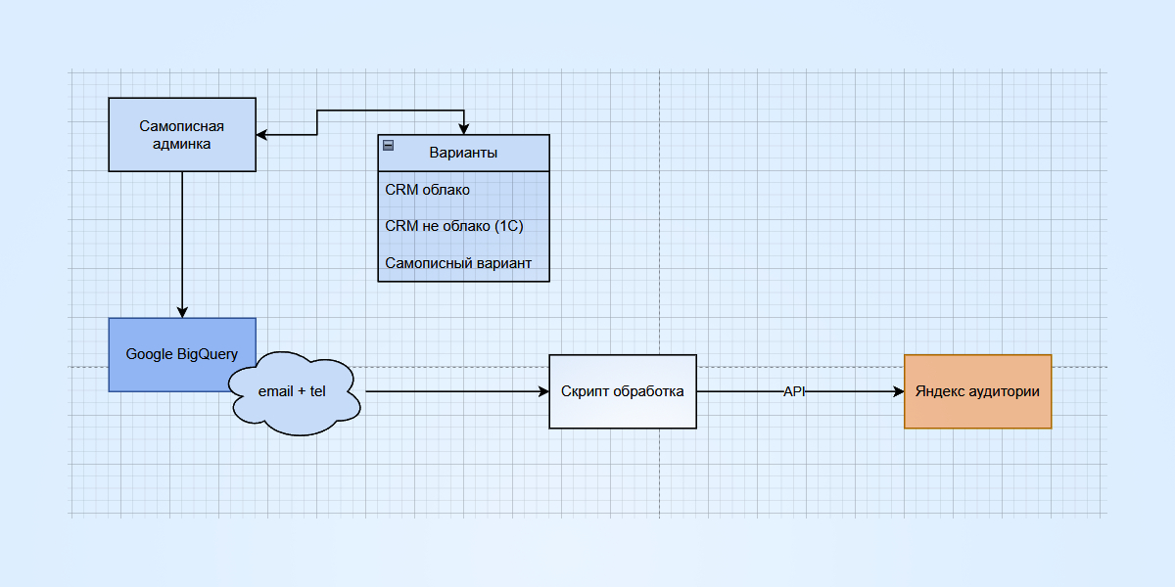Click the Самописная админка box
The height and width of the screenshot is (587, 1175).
coord(182,135)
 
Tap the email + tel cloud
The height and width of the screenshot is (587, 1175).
coord(292,391)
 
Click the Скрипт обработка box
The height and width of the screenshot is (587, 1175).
coord(623,391)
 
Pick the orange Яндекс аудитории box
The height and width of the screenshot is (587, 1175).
coord(977,391)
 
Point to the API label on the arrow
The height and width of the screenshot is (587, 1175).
coord(794,391)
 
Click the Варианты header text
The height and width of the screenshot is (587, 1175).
coord(463,154)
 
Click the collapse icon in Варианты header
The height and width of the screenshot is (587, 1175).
coord(389,146)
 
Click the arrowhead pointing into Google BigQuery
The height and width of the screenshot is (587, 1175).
coord(182,311)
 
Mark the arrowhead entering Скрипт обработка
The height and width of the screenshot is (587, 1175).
coord(542,391)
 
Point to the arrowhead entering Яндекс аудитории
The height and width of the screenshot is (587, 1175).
coord(897,391)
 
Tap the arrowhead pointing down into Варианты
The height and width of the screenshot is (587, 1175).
coord(464,128)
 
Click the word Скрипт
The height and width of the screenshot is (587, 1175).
coord(585,391)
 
